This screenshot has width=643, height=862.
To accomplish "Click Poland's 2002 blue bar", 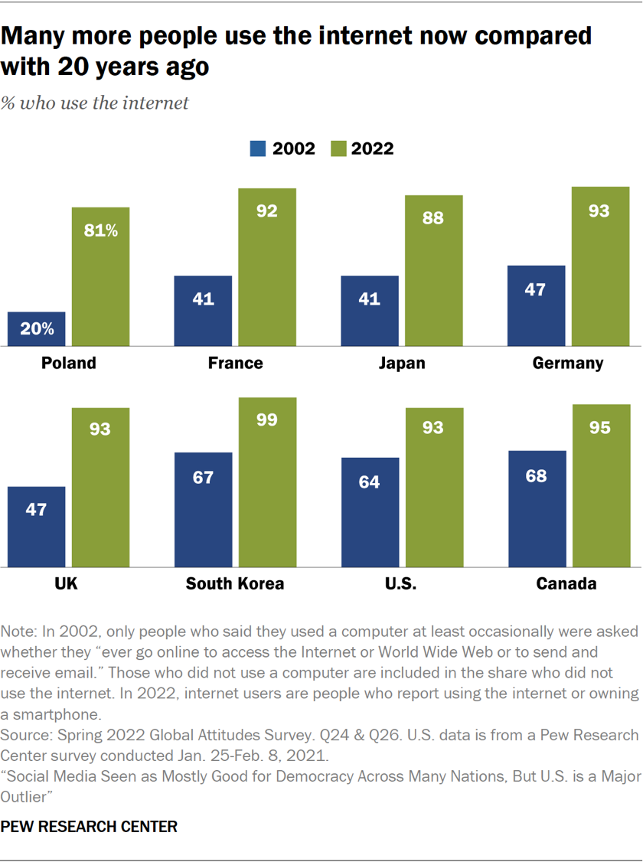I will [x=36, y=329].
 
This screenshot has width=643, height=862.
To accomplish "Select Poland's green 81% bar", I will [x=100, y=277].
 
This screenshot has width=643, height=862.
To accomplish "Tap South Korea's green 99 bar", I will [x=267, y=482].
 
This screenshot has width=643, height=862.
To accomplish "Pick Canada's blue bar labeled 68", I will [x=537, y=509].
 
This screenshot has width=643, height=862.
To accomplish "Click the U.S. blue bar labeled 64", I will [x=370, y=512].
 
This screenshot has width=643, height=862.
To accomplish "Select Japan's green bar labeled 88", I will [x=434, y=271].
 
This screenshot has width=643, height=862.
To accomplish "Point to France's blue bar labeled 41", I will [x=203, y=311].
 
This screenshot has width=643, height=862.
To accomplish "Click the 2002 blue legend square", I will [x=257, y=149].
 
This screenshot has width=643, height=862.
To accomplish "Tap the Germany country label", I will [x=568, y=363].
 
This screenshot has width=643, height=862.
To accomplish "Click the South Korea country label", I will [x=235, y=584].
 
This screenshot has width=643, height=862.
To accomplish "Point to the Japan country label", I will [x=402, y=363].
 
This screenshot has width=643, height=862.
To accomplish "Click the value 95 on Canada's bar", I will [x=600, y=427].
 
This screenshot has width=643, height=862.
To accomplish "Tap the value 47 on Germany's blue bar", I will [x=537, y=292].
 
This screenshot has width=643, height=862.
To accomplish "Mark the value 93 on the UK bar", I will [x=100, y=429].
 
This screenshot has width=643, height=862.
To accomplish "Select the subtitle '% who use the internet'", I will [x=95, y=103].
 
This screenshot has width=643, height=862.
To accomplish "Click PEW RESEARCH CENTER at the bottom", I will [x=90, y=827].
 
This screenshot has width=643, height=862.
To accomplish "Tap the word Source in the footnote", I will [x=25, y=735].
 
